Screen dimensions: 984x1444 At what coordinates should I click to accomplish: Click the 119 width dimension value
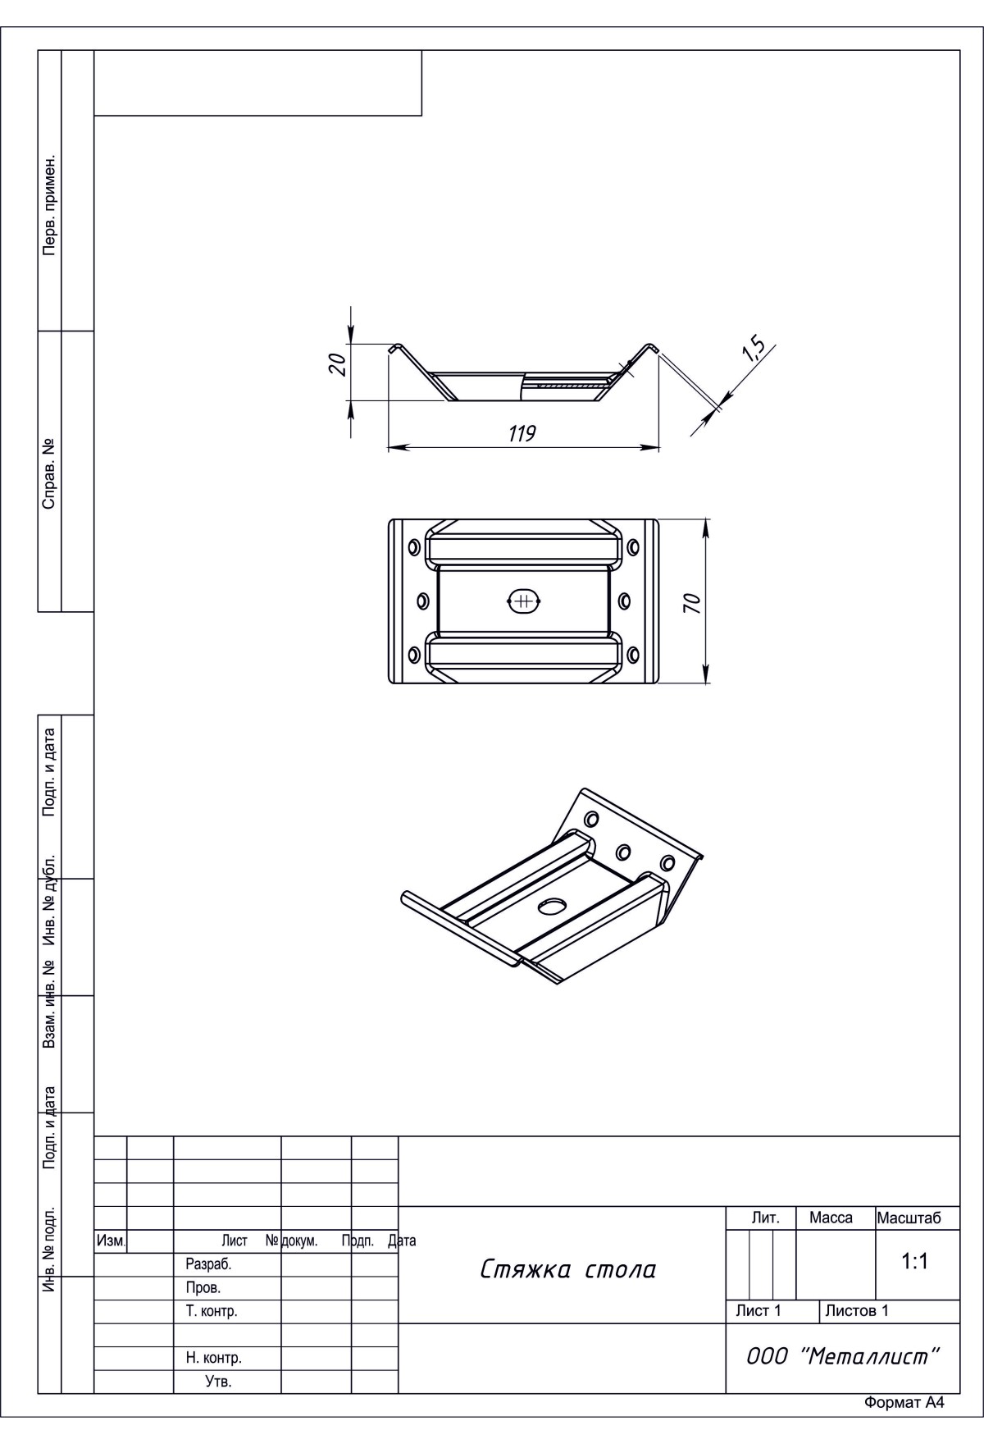tap(522, 433)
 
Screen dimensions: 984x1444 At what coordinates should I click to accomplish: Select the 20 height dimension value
tap(337, 363)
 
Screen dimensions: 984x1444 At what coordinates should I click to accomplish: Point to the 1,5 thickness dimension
tap(754, 350)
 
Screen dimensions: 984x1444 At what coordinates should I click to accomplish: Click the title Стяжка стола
tap(568, 1270)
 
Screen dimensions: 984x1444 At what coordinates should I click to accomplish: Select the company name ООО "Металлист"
tap(842, 1356)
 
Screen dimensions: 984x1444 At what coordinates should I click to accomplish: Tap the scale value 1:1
tap(914, 1262)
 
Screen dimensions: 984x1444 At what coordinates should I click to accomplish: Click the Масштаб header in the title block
tap(909, 1218)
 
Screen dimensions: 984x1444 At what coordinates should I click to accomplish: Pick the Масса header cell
tap(831, 1218)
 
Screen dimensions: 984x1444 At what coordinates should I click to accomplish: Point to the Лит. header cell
tap(765, 1218)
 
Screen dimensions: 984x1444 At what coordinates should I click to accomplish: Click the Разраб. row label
tap(208, 1265)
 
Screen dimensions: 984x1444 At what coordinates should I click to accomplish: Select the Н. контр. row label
tap(213, 1358)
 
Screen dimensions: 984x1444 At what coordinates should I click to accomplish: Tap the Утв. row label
tap(218, 1382)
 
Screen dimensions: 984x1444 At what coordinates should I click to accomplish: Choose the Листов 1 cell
tap(857, 1311)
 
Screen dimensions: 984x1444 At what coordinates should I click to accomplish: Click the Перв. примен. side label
tap(49, 203)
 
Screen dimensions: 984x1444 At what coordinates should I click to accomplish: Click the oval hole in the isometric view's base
tap(552, 905)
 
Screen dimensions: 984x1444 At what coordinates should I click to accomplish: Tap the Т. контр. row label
tap(212, 1311)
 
